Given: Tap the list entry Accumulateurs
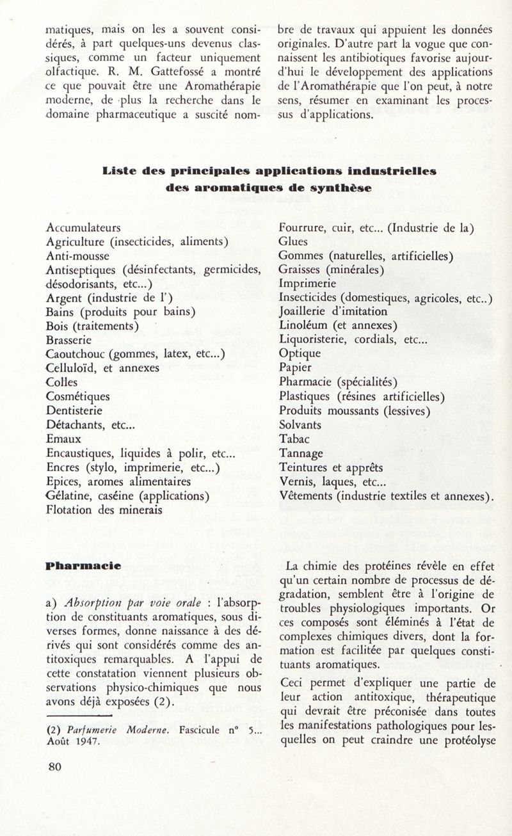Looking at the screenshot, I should coord(84,227).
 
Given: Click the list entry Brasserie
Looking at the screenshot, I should coord(70,341).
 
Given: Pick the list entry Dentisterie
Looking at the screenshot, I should coord(74,411).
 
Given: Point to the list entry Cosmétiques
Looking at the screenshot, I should coord(78,397).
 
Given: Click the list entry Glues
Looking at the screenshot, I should coord(294,241).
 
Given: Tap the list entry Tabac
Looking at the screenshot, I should coord(294,439).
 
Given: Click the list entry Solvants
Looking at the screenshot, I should coord(301,425).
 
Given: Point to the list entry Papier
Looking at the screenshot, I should coord(296,368).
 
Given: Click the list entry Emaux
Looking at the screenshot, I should coord(64,439).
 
